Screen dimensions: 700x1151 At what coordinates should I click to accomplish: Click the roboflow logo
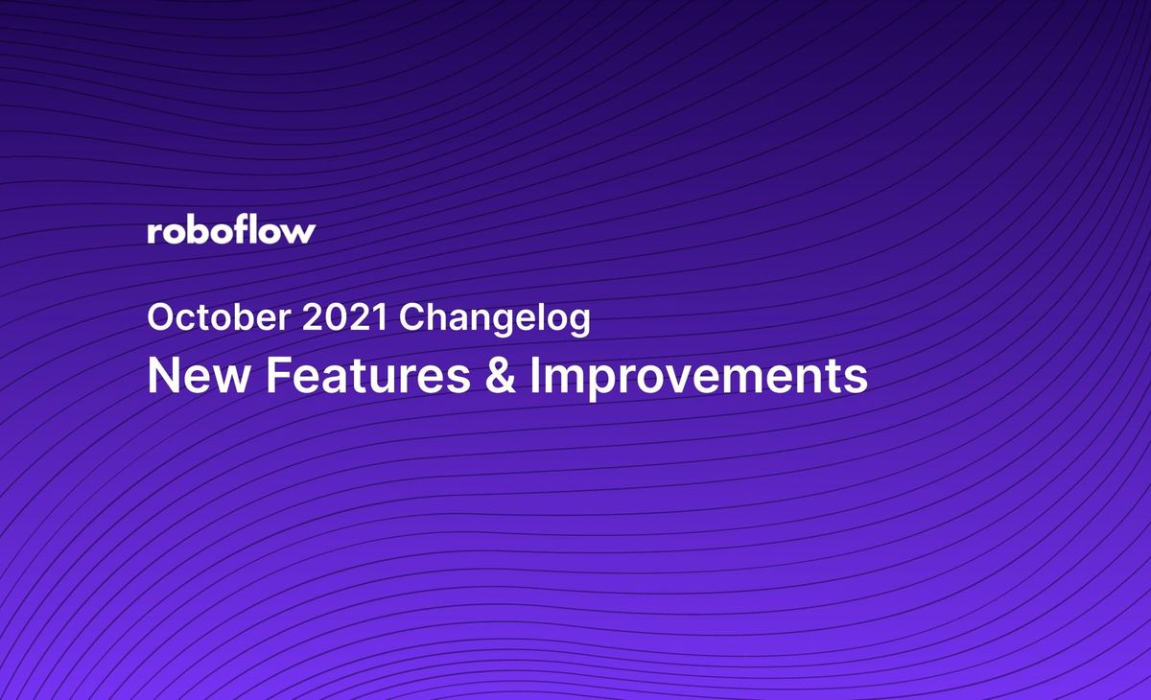coord(231,230)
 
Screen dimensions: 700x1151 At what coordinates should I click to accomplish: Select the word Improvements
coord(698,377)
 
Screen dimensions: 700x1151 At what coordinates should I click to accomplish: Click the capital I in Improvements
coord(536,376)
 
